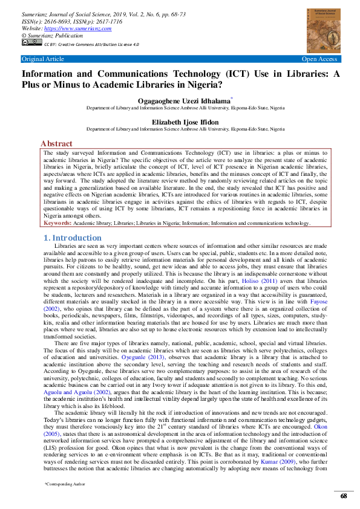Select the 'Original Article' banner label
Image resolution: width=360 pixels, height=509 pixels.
click(42, 59)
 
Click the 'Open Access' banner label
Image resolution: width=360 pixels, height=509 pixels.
click(319, 59)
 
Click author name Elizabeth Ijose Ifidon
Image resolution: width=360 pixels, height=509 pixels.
click(185, 122)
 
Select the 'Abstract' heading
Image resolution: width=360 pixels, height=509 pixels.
click(56, 144)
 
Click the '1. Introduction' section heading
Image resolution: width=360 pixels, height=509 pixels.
click(73, 238)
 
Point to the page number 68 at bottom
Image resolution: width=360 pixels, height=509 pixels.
click(343, 496)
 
